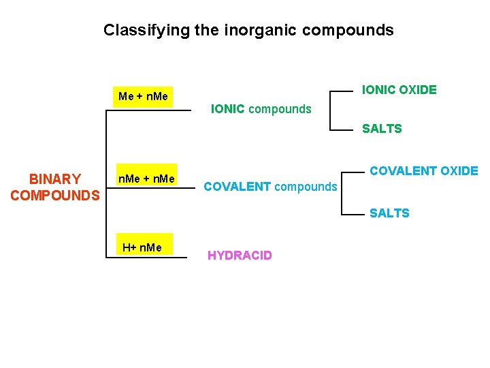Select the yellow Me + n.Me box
143,96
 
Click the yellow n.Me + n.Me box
146,179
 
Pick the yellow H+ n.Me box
142,247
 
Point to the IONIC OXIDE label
399,89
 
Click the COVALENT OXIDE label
424,170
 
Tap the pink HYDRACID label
240,256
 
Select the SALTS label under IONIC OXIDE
382,128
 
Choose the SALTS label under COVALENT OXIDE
389,213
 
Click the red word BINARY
55,179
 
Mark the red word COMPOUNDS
55,196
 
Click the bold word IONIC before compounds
228,108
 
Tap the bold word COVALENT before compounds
238,186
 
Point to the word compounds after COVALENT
306,186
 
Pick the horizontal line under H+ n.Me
146,258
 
